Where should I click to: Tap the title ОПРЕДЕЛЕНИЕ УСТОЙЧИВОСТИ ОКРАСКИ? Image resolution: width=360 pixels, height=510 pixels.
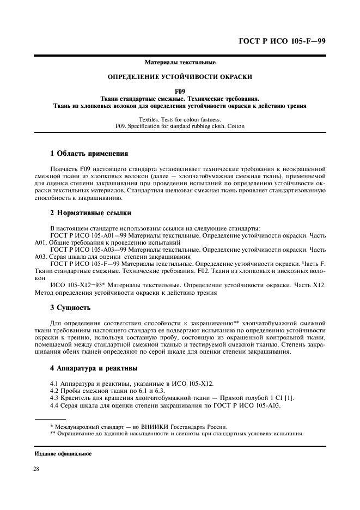[x=180, y=77]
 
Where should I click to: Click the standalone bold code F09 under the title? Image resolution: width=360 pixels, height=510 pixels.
[x=180, y=92]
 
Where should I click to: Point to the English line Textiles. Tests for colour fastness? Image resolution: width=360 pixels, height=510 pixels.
[x=180, y=119]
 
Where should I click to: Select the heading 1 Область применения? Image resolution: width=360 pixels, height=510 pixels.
[x=89, y=154]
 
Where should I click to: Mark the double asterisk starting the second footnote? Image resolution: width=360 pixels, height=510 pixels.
[x=53, y=434]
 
